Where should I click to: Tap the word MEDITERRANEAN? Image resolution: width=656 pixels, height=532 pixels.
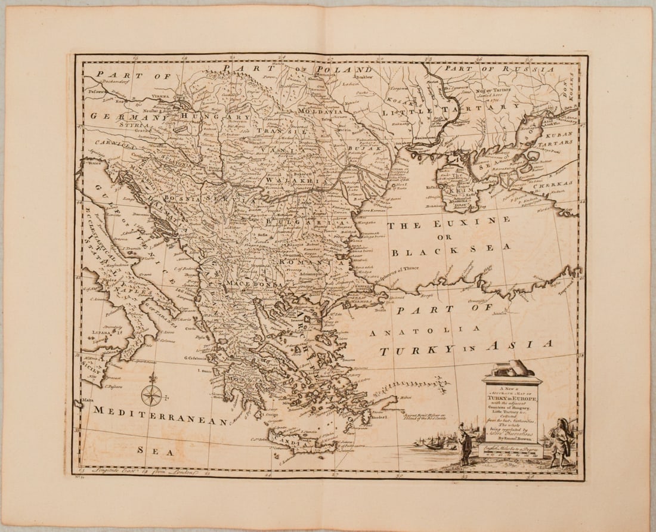click(160, 416)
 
